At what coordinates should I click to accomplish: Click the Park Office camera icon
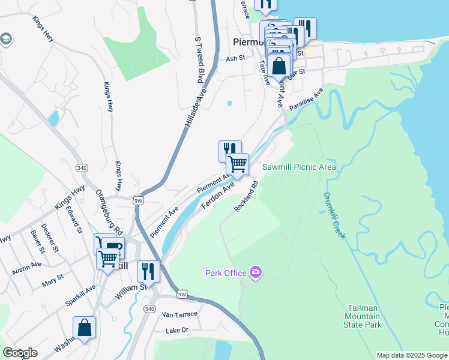(x=256, y=273)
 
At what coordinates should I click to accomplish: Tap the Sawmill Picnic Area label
(x=299, y=167)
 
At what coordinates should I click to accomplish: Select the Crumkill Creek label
(x=335, y=216)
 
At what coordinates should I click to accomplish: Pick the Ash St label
(x=235, y=59)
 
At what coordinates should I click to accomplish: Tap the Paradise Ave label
(x=306, y=100)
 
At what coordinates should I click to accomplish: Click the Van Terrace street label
(x=179, y=315)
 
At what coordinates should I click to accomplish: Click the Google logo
(x=20, y=353)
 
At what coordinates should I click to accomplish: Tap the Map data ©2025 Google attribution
(x=411, y=355)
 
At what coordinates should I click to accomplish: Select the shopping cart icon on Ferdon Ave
(x=238, y=164)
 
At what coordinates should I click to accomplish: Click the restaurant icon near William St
(x=147, y=271)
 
